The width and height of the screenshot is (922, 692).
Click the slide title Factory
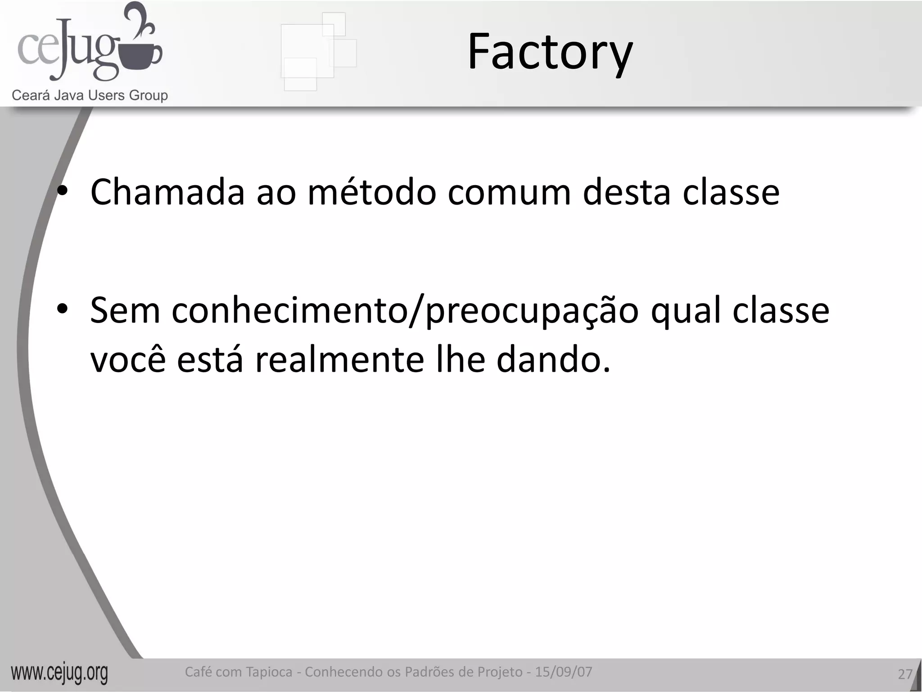[x=550, y=52]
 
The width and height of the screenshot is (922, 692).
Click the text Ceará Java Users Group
[x=90, y=96]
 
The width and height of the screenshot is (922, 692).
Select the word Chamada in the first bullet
[x=167, y=192]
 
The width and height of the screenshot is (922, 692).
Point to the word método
[x=372, y=192]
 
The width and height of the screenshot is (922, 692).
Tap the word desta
[x=626, y=192]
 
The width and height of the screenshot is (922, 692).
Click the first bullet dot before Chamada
[x=62, y=192]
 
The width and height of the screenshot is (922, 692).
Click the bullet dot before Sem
[x=62, y=310]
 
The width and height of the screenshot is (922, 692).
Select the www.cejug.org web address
[x=59, y=673]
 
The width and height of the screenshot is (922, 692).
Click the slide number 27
[x=905, y=674]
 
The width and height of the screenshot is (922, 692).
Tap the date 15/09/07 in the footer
[x=564, y=672]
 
